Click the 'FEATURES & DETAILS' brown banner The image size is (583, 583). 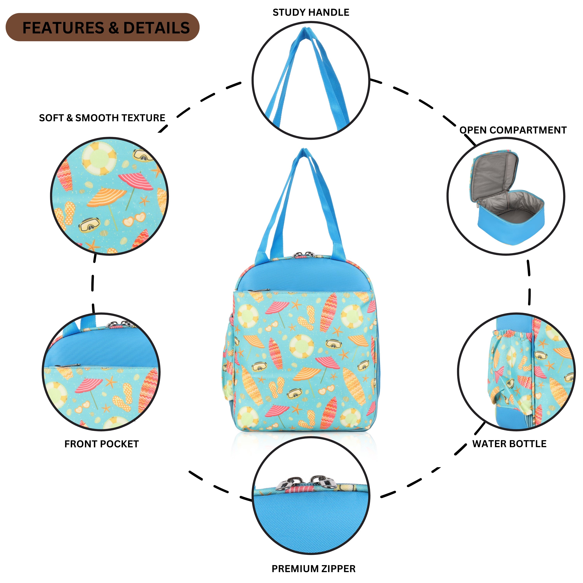pos(103,27)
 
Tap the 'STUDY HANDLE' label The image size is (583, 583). pos(311,12)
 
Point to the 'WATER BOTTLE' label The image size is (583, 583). pos(509,444)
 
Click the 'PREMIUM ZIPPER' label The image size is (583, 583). pos(313,569)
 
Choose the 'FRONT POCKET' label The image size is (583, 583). pos(102,444)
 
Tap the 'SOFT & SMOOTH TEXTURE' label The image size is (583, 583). pos(102,118)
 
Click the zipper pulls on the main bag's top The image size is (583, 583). pos(304,255)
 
